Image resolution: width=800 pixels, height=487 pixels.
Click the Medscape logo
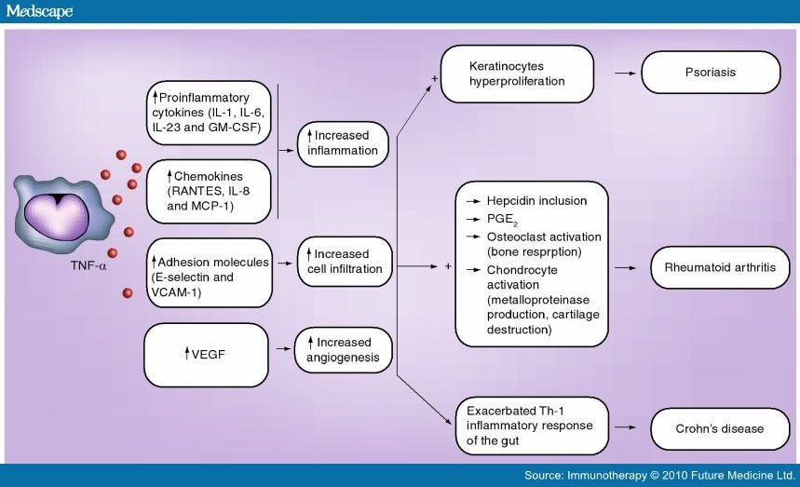coord(38,11)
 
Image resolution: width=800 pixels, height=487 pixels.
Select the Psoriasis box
coord(715,72)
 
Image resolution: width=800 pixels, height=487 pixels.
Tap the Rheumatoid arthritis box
coord(713,267)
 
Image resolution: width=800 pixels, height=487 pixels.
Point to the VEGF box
coord(206,353)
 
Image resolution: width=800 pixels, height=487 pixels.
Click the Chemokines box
coord(208,190)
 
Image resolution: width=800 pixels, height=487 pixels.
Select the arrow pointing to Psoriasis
coord(625,72)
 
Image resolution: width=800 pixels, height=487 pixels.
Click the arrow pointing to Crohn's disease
coord(626,428)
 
